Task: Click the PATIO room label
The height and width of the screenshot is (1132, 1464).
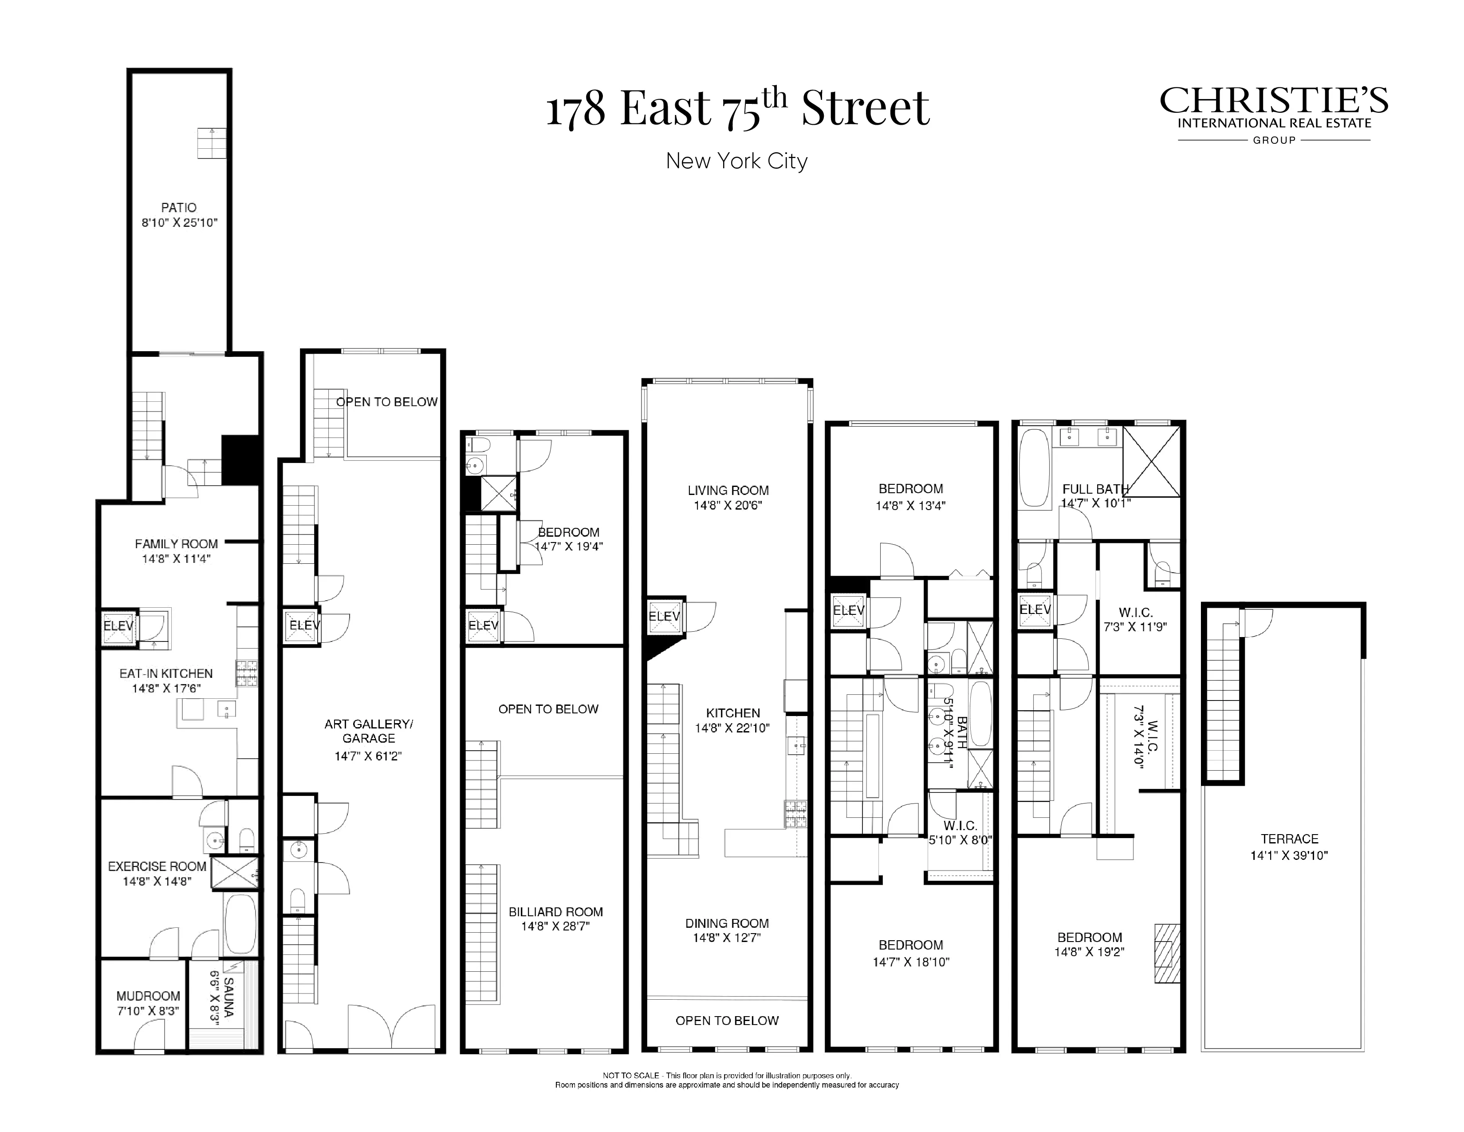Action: coord(178,208)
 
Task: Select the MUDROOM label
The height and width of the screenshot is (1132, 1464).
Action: coord(148,996)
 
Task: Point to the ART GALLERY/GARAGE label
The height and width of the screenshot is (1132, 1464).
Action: coord(368,731)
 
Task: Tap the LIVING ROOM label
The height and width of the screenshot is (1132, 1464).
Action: coord(728,490)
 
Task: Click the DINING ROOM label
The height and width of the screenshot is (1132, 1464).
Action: coord(727,923)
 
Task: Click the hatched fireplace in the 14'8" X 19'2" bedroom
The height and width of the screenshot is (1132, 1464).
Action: coord(1166,954)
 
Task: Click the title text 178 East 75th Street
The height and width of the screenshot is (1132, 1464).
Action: coord(737,109)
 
